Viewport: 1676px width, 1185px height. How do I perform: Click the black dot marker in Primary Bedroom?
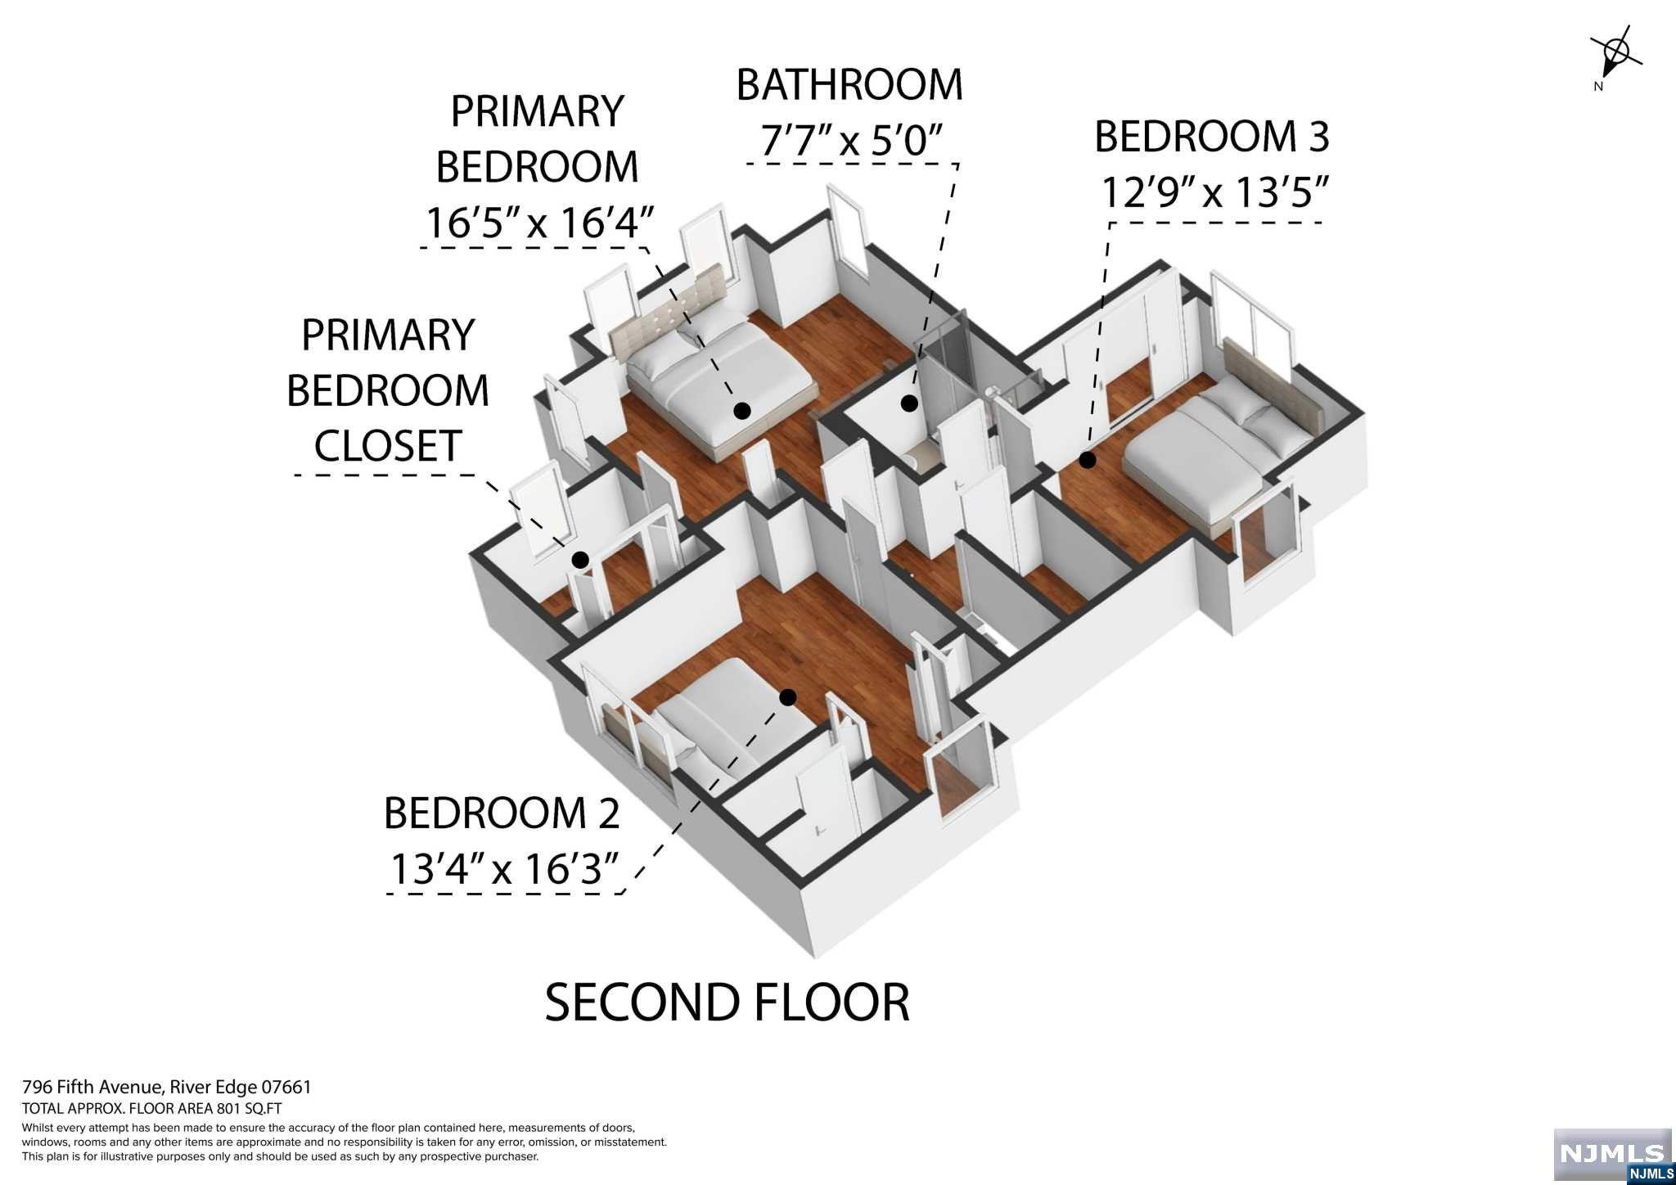(742, 411)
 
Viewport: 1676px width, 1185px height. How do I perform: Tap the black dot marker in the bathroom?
(908, 403)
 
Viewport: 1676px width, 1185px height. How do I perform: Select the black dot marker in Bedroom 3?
(1087, 460)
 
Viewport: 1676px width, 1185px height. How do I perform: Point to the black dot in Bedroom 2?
(788, 697)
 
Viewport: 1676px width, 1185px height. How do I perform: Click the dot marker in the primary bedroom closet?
(580, 560)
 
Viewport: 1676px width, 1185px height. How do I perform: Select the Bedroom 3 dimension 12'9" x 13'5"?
(1213, 194)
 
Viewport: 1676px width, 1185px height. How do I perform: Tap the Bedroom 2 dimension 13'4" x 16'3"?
(503, 867)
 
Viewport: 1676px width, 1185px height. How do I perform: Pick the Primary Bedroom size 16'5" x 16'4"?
(538, 222)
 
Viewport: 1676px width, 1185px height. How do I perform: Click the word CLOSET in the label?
(388, 446)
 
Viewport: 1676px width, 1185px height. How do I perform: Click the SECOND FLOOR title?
(727, 1003)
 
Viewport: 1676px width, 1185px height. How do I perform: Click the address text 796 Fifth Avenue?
(93, 1088)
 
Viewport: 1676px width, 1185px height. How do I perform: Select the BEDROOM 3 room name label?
(1211, 137)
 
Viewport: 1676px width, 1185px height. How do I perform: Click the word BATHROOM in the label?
(849, 85)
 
